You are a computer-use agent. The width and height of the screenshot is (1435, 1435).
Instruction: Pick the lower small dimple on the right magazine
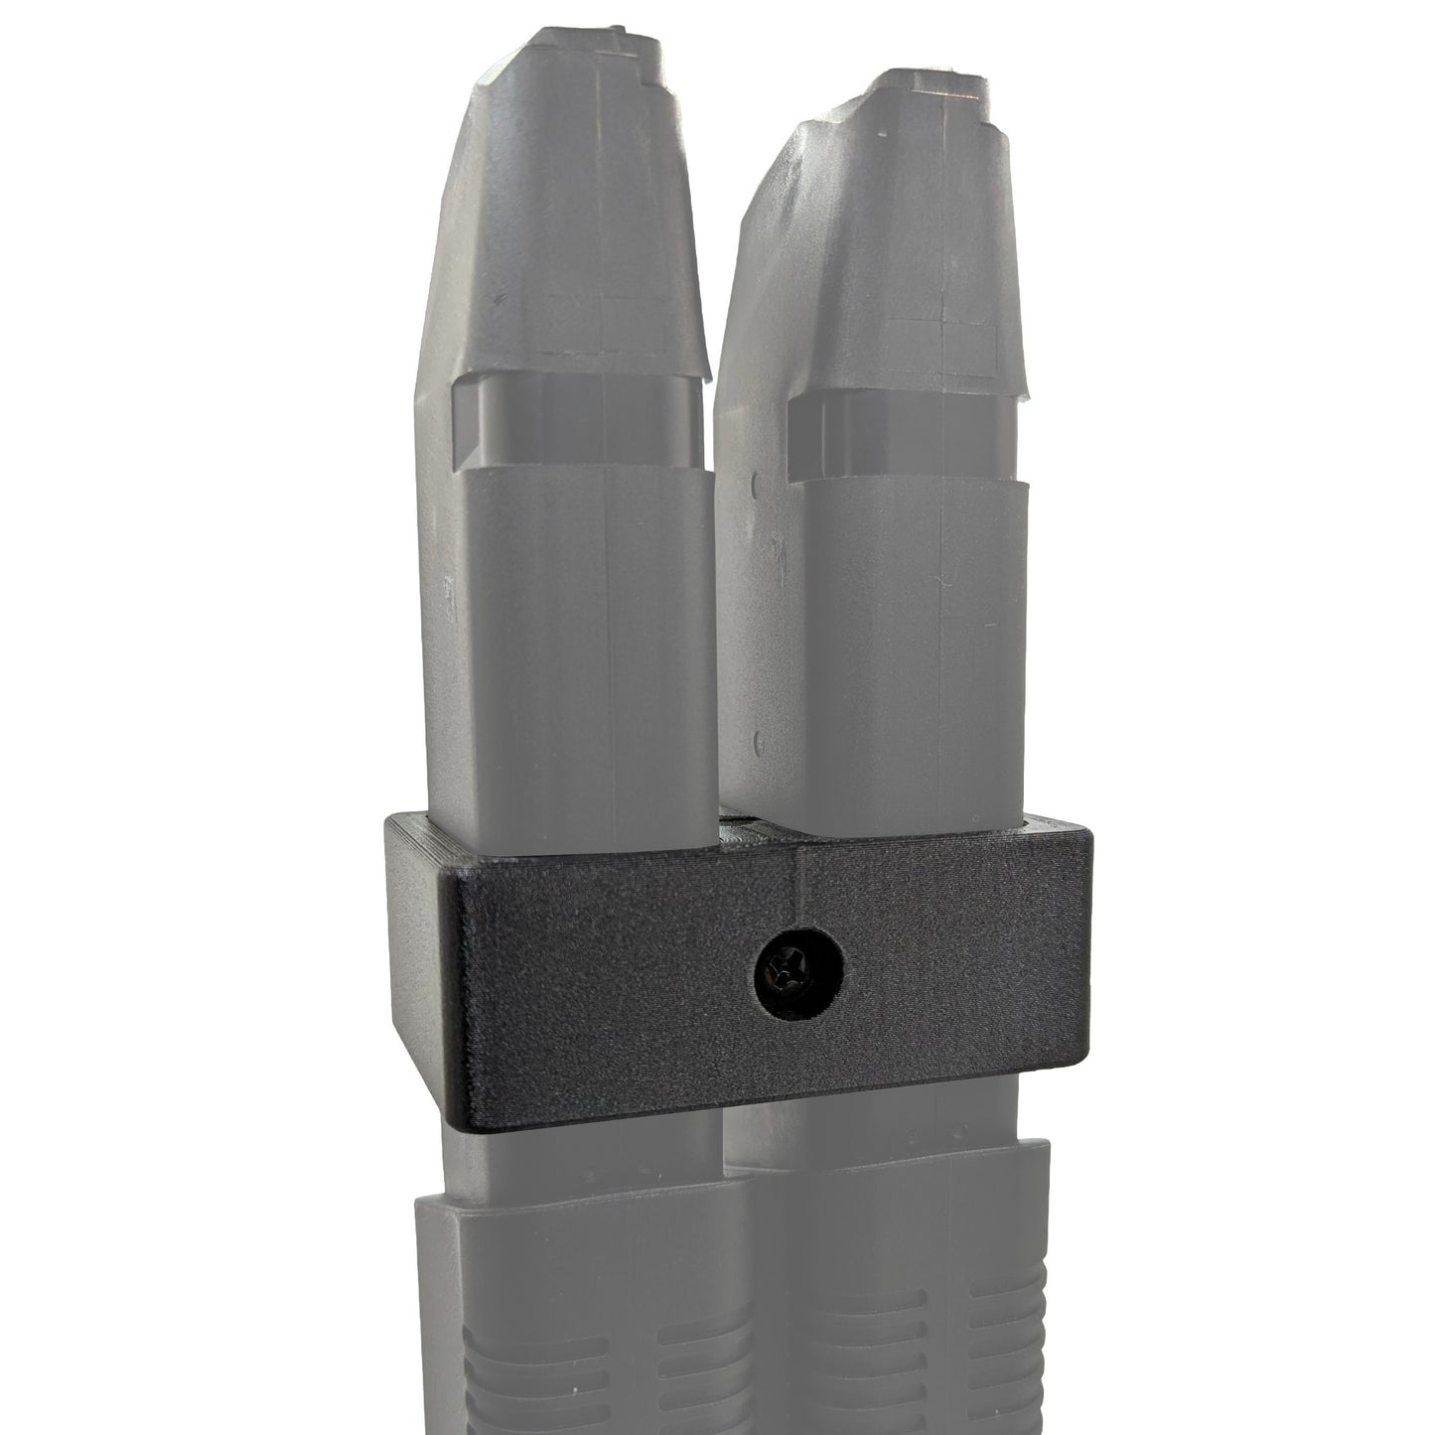coord(757,740)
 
